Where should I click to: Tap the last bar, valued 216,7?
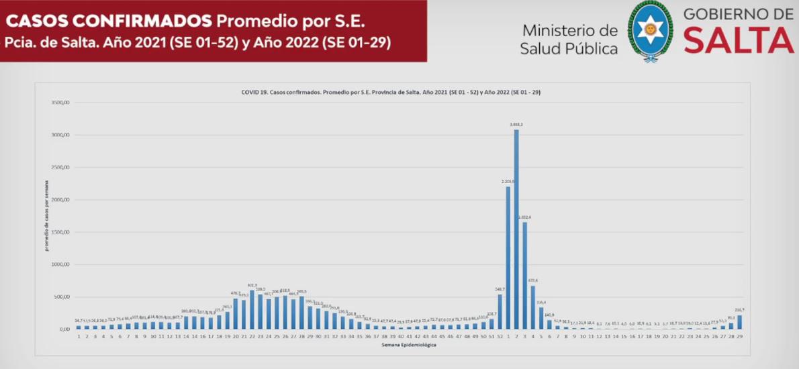click(739, 322)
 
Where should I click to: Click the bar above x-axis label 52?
click(500, 311)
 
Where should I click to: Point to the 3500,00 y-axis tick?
click(60, 103)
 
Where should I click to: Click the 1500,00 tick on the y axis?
click(60, 232)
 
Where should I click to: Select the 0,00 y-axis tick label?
click(64, 329)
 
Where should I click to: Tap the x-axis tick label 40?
click(401, 336)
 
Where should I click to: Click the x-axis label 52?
click(500, 336)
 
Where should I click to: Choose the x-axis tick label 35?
click(359, 336)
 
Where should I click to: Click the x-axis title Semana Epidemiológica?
click(409, 345)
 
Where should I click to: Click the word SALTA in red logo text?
click(739, 42)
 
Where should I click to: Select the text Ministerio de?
click(569, 31)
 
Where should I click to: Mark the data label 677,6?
click(533, 280)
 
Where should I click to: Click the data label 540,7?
click(500, 289)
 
